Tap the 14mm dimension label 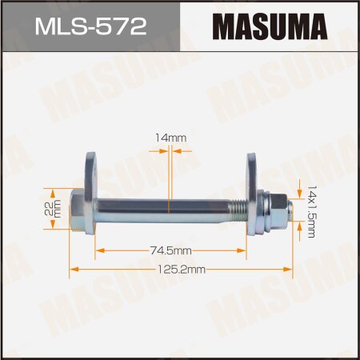tap(170, 138)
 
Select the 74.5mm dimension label tap(170, 250)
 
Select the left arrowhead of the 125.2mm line tap(73, 270)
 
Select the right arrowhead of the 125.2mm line tap(292, 270)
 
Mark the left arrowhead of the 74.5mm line tap(98, 250)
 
